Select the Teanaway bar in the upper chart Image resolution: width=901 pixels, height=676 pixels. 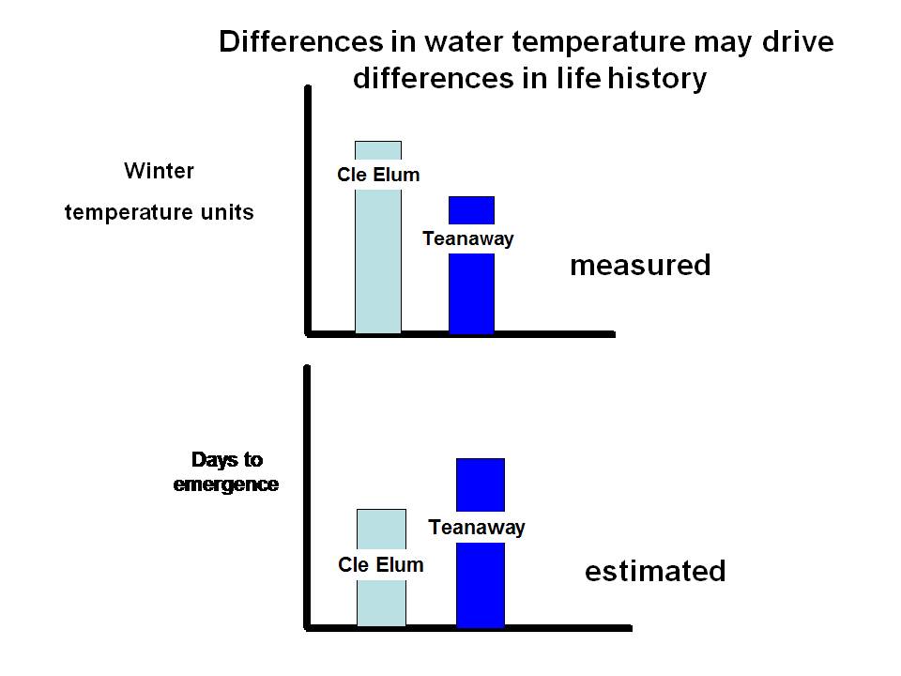(471, 293)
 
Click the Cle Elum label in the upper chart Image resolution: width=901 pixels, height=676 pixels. (378, 175)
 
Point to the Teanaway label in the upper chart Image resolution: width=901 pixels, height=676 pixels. (467, 238)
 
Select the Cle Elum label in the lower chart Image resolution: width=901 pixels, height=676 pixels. (380, 564)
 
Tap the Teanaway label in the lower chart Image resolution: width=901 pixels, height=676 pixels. (477, 527)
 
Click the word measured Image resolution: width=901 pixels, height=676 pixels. (640, 265)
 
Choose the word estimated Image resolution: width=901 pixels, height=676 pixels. (655, 572)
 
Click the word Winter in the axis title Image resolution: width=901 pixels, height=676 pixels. (160, 171)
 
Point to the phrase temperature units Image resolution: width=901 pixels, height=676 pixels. (160, 212)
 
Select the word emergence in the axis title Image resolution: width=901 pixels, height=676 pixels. (226, 484)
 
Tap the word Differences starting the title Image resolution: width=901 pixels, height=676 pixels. (301, 42)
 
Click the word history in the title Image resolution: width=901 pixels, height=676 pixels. (657, 78)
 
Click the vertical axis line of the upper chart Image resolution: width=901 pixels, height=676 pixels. (308, 210)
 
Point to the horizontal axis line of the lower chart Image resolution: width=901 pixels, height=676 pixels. (468, 628)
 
